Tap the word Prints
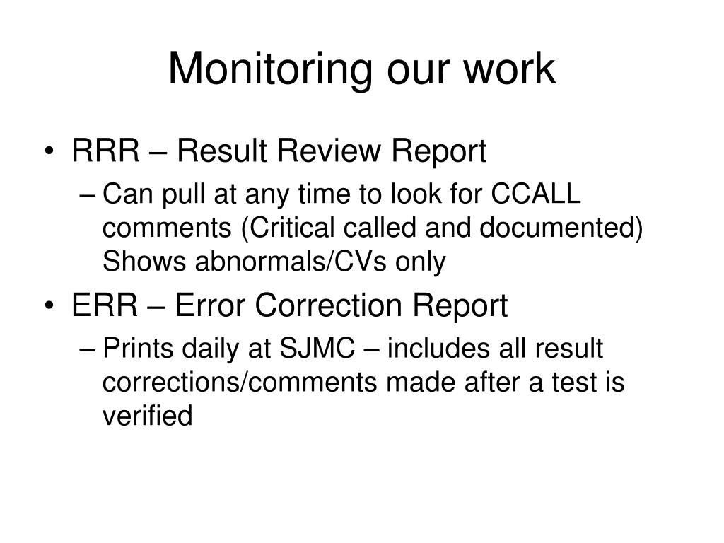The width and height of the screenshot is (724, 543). [x=137, y=349]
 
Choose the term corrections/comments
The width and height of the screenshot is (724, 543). [x=240, y=383]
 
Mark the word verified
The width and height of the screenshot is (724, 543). [x=147, y=416]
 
